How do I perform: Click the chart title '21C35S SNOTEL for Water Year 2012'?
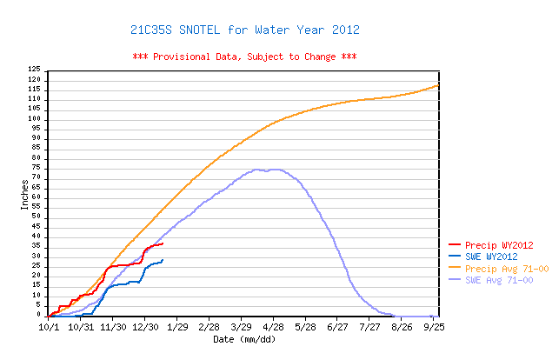[x=244, y=30]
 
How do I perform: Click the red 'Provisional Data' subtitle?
[x=244, y=57]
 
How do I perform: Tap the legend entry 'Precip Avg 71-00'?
[x=506, y=269]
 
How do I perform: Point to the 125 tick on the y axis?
[x=34, y=69]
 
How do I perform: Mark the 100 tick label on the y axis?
[x=34, y=118]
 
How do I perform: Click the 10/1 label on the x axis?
[x=49, y=327]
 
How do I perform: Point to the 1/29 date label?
[x=177, y=327]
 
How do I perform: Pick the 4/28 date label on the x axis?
[x=274, y=327]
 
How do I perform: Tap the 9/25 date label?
[x=435, y=327]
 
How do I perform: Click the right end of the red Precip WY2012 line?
[x=163, y=243]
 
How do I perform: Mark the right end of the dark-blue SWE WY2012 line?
[x=163, y=259]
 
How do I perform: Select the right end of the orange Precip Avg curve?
[x=438, y=85]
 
